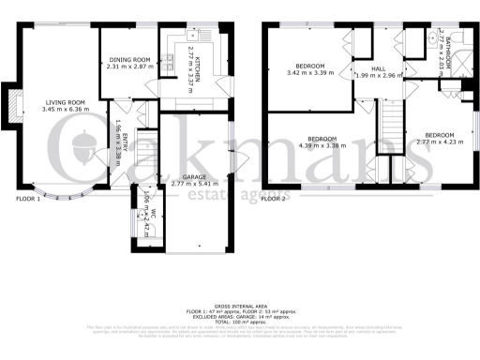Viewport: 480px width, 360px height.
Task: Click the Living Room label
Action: click(x=65, y=102)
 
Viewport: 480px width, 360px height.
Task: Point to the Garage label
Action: click(x=195, y=175)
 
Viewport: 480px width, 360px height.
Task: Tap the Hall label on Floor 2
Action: click(x=378, y=68)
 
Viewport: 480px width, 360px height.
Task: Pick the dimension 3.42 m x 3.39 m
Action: click(x=310, y=73)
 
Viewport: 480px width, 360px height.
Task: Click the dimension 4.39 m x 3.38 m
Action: click(x=322, y=146)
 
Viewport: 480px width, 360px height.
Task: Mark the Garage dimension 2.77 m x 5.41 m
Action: click(x=195, y=183)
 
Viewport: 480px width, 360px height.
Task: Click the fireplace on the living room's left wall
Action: click(x=12, y=105)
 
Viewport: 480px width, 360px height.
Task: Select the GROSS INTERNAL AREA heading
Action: click(x=240, y=307)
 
